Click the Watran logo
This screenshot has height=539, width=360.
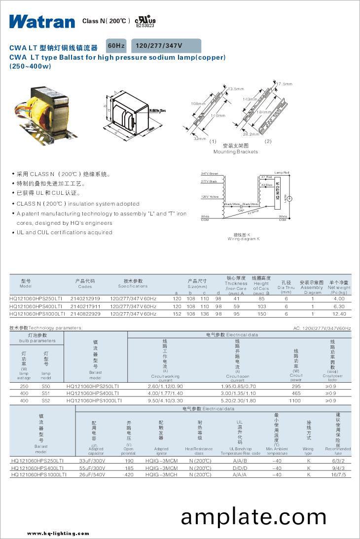coord(41,21)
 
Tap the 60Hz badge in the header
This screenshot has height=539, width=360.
coord(116,46)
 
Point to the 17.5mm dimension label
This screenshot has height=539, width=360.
coord(284,83)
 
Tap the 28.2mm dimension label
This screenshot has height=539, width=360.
coord(251,134)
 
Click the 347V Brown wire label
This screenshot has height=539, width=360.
coord(210,174)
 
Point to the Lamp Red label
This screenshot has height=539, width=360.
coord(282,172)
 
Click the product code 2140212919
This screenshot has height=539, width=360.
coord(85,299)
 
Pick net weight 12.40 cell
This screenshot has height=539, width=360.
coord(339,314)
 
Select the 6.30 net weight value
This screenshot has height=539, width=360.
coord(339,306)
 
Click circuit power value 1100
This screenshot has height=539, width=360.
coord(295,401)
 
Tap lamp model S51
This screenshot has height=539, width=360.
coord(46,394)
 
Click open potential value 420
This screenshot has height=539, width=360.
coord(129,474)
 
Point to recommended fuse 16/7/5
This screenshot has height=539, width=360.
coord(339,474)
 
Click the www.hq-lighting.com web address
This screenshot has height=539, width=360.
coord(58,533)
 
